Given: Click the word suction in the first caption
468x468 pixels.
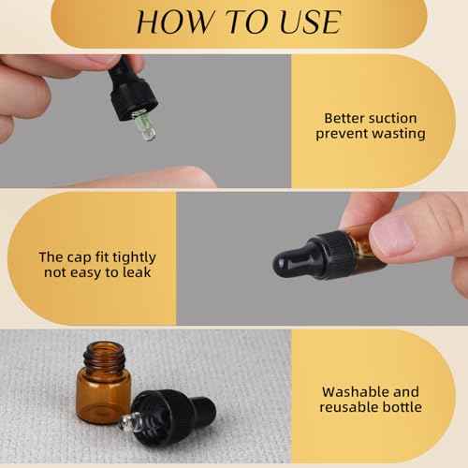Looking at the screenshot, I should coord(392,118).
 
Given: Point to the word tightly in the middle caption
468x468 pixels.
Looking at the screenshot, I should coord(131,256).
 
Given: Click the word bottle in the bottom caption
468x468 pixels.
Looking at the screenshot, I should coord(401,407).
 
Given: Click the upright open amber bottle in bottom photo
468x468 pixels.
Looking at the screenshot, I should coord(102,384).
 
